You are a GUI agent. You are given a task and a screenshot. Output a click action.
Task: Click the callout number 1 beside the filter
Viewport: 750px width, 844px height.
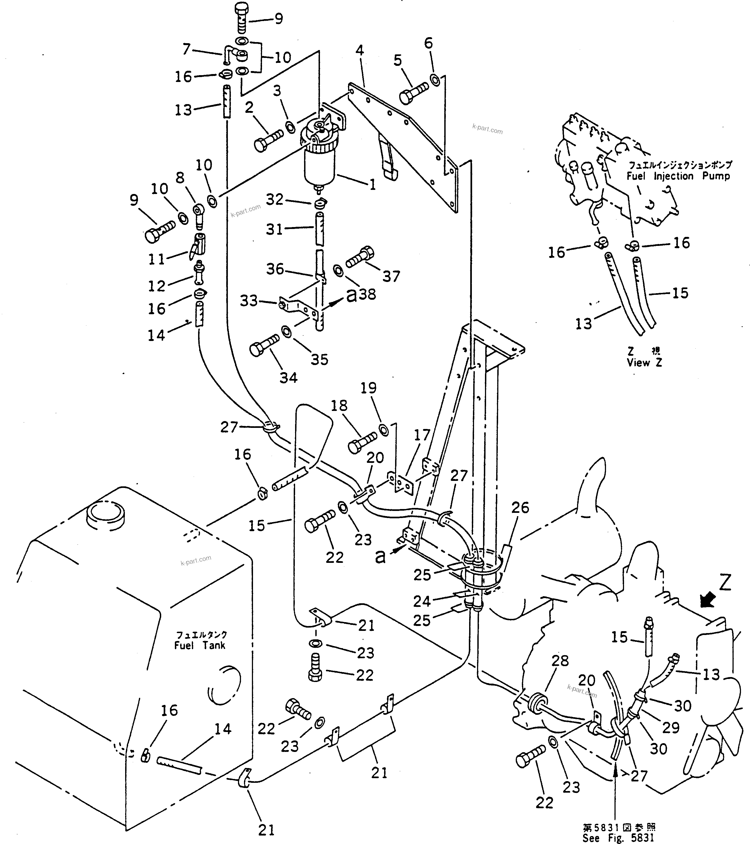tap(372, 185)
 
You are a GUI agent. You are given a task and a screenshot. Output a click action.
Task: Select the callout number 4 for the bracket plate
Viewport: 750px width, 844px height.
tap(360, 51)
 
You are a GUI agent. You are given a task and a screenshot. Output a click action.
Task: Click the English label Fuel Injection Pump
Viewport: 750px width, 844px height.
tap(678, 176)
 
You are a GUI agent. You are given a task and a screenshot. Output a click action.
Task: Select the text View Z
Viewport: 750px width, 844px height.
tap(644, 363)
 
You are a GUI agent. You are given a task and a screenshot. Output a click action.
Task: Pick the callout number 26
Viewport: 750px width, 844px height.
tap(520, 507)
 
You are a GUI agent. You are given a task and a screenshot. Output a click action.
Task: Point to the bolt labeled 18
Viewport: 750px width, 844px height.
tap(362, 442)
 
